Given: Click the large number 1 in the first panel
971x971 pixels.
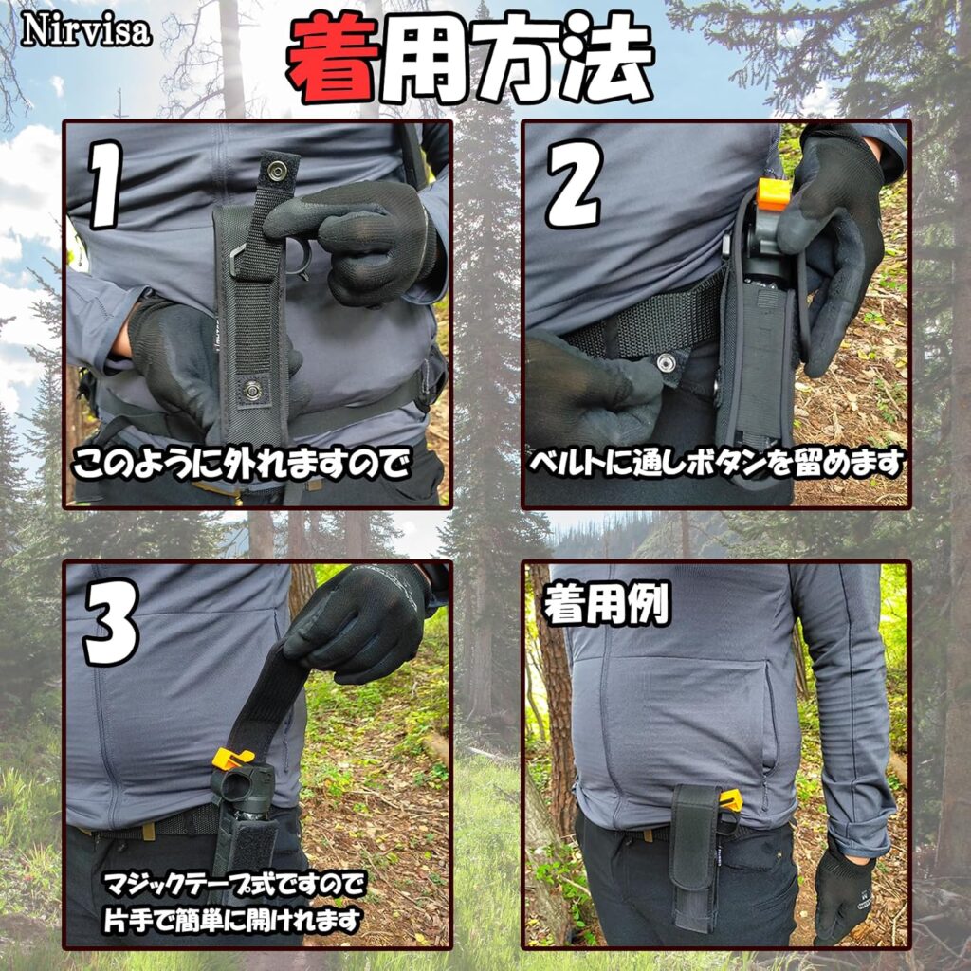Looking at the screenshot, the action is pyautogui.click(x=105, y=185).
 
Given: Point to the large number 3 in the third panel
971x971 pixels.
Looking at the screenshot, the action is pyautogui.click(x=112, y=621).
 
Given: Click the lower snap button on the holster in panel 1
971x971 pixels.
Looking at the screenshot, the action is pyautogui.click(x=251, y=390).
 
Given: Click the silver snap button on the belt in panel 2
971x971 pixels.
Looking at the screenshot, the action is pyautogui.click(x=667, y=361).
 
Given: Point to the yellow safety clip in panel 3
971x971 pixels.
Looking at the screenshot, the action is pyautogui.click(x=231, y=758).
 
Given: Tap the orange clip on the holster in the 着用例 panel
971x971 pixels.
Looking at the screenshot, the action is pyautogui.click(x=731, y=800).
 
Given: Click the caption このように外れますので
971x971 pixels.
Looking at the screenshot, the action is pyautogui.click(x=242, y=465).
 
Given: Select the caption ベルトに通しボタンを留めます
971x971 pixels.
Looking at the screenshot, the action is pyautogui.click(x=715, y=464).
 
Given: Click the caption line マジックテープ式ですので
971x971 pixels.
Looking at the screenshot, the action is pyautogui.click(x=234, y=885).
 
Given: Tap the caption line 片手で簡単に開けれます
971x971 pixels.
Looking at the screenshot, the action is pyautogui.click(x=231, y=920).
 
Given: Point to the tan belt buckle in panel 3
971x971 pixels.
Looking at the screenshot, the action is pyautogui.click(x=149, y=832).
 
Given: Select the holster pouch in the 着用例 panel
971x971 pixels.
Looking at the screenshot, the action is pyautogui.click(x=696, y=857).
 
